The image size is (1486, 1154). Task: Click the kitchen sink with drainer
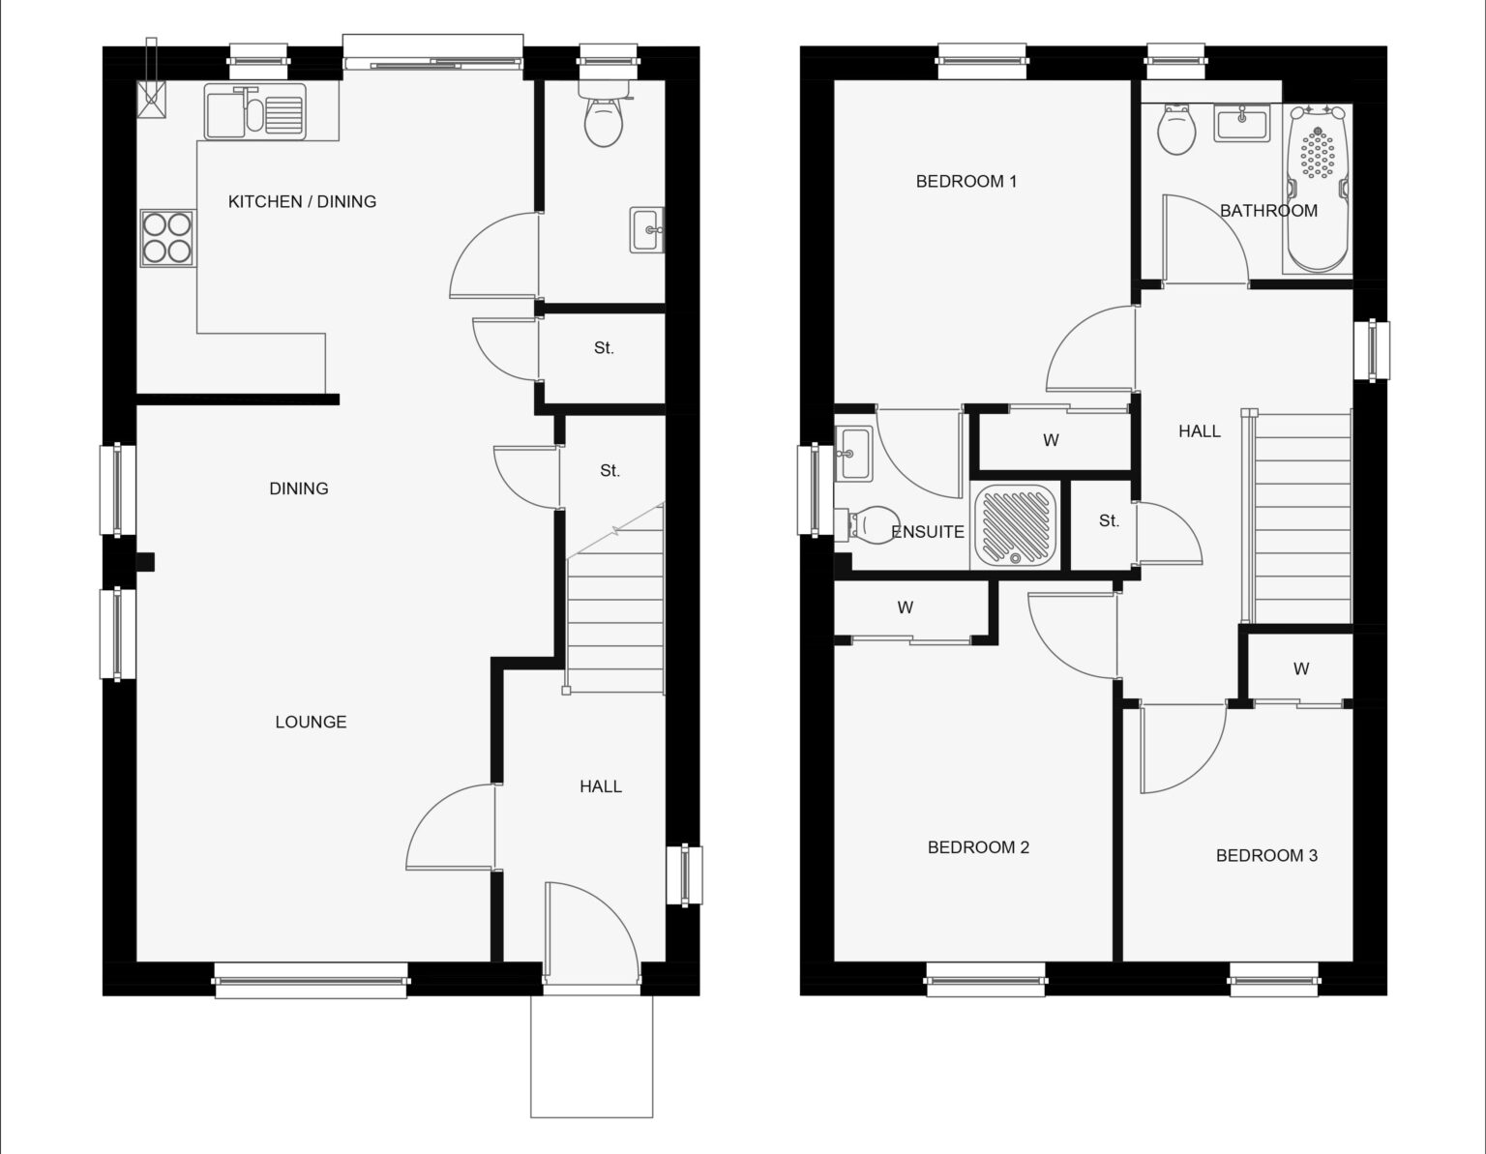point(254,111)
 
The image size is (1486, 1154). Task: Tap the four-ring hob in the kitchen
point(167,238)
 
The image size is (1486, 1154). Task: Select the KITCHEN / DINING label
point(302,201)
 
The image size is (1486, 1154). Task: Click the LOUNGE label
point(311,722)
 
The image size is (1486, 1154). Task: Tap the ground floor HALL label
point(601,786)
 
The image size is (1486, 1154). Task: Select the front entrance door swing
point(592,932)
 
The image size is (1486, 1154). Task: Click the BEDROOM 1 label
point(966,181)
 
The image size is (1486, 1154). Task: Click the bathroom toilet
point(1176,130)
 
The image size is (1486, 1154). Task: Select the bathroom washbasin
point(1242,124)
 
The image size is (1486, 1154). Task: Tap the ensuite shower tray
point(1015,526)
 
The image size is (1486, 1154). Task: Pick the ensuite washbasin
point(853,454)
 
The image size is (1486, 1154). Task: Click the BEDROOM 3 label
point(1266,856)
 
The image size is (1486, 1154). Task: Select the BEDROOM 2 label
point(978,847)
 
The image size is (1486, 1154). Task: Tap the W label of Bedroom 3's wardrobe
point(1301,669)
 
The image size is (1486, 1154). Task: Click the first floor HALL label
point(1200,431)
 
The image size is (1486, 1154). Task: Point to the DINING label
point(299,488)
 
